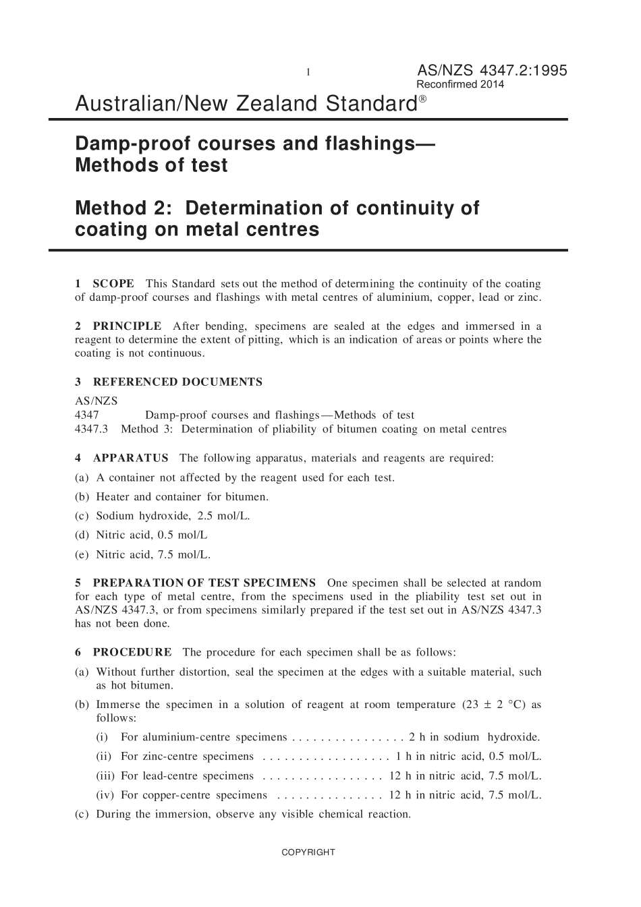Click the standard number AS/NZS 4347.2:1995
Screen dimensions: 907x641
click(x=492, y=71)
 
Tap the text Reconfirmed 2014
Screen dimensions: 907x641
click(x=459, y=85)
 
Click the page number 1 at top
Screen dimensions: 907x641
click(x=308, y=72)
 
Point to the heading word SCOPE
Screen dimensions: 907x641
click(x=113, y=284)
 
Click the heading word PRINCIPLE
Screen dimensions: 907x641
click(x=127, y=326)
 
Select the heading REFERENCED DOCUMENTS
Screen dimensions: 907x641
click(x=177, y=382)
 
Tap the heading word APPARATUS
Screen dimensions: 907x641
click(x=130, y=459)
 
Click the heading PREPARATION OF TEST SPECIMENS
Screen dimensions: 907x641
click(x=204, y=583)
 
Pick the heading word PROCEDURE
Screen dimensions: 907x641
click(x=132, y=653)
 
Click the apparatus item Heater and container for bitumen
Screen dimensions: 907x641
click(x=182, y=497)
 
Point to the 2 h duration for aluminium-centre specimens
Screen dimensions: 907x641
click(x=416, y=738)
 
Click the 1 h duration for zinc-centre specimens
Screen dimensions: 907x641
click(x=403, y=757)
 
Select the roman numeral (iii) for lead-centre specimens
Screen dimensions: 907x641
click(x=105, y=776)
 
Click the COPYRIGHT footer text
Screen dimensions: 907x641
click(x=308, y=852)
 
